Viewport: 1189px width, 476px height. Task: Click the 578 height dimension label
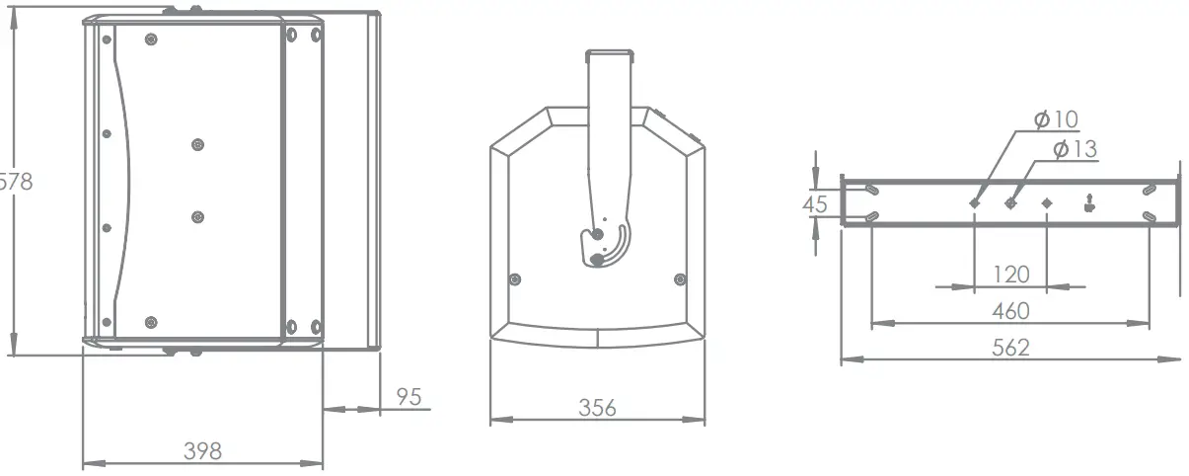pyautogui.click(x=16, y=182)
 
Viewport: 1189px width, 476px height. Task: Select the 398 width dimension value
pyautogui.click(x=202, y=451)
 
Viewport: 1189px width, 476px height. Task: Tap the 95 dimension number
pyautogui.click(x=409, y=397)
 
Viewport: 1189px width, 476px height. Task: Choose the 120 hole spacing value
pyautogui.click(x=1009, y=274)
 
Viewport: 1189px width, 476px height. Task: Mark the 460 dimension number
pyautogui.click(x=1009, y=311)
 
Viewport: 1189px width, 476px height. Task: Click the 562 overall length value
pyautogui.click(x=1009, y=348)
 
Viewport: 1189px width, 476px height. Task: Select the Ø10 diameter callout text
pyautogui.click(x=1056, y=119)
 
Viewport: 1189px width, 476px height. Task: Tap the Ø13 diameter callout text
pyautogui.click(x=1075, y=149)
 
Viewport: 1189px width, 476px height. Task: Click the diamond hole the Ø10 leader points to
pyautogui.click(x=974, y=203)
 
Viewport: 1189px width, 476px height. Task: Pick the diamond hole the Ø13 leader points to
pyautogui.click(x=1010, y=203)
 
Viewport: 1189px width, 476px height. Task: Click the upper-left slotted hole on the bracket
pyautogui.click(x=871, y=190)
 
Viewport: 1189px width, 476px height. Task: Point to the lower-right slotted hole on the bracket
pyautogui.click(x=1149, y=216)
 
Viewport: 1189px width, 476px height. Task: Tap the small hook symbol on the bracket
pyautogui.click(x=1088, y=204)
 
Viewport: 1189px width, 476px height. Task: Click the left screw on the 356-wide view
pyautogui.click(x=514, y=279)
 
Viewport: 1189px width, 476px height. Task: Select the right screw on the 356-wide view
pyautogui.click(x=679, y=279)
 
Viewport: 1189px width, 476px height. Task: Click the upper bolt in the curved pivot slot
pyautogui.click(x=595, y=235)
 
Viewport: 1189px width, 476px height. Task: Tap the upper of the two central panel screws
pyautogui.click(x=197, y=144)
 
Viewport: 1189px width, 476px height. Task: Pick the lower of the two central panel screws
pyautogui.click(x=197, y=217)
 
